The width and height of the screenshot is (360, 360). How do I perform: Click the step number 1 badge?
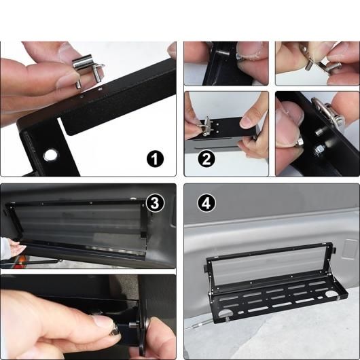(x=155, y=159)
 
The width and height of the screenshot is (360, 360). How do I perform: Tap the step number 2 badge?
(x=206, y=159)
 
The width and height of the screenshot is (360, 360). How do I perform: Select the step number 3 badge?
(x=155, y=203)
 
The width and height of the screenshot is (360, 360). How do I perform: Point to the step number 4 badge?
(x=206, y=203)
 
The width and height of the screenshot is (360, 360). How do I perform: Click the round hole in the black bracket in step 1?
(x=50, y=156)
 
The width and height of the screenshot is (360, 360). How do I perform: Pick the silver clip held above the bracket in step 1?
(x=88, y=69)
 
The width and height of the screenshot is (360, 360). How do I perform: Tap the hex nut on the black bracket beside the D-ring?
(x=319, y=149)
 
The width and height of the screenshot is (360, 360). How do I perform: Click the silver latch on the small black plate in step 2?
(x=206, y=126)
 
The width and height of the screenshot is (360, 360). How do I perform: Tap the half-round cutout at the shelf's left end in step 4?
(x=225, y=313)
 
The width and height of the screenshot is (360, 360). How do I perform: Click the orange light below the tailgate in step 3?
(x=22, y=259)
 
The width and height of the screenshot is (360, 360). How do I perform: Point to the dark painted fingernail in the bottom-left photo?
(x=115, y=331)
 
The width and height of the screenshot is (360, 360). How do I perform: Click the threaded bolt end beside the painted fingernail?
(x=132, y=325)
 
